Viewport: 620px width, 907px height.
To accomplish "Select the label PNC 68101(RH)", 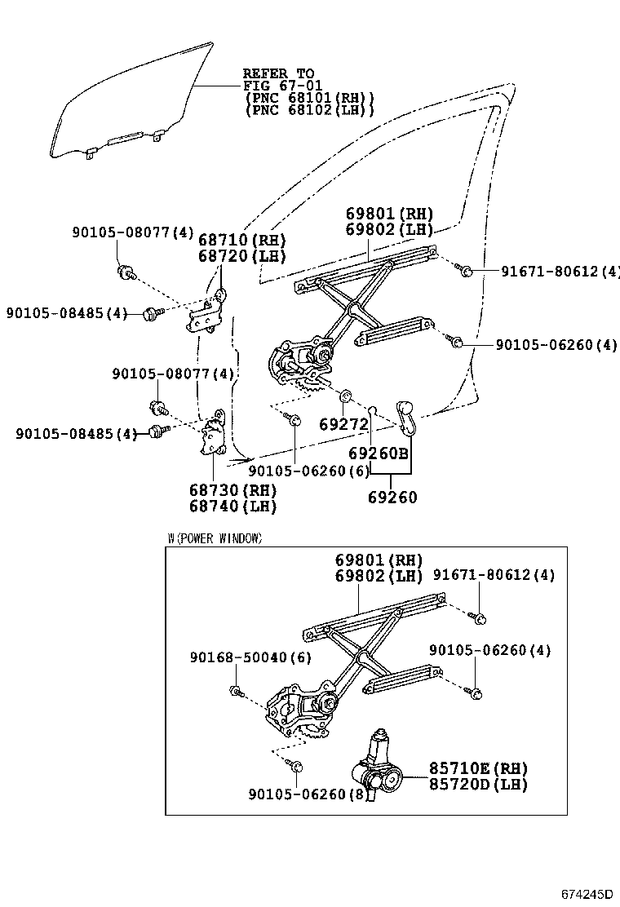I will click(x=310, y=98).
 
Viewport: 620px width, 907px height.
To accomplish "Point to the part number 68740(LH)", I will click(x=233, y=507).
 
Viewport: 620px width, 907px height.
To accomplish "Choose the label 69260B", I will click(x=378, y=453).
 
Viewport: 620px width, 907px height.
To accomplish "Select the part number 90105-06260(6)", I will click(x=309, y=471).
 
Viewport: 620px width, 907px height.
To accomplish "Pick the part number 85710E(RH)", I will click(x=479, y=768).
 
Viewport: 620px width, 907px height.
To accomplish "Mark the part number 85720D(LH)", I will click(x=479, y=784).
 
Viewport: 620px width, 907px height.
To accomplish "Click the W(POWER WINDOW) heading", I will click(x=215, y=538).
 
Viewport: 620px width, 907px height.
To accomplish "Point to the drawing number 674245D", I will click(x=586, y=895).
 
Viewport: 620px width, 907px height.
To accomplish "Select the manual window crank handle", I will click(x=405, y=415).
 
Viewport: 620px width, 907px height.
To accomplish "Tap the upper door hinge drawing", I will click(x=208, y=312).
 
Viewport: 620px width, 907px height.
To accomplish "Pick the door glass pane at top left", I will click(x=131, y=102).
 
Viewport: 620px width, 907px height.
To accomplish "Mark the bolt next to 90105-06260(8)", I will click(x=295, y=768).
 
